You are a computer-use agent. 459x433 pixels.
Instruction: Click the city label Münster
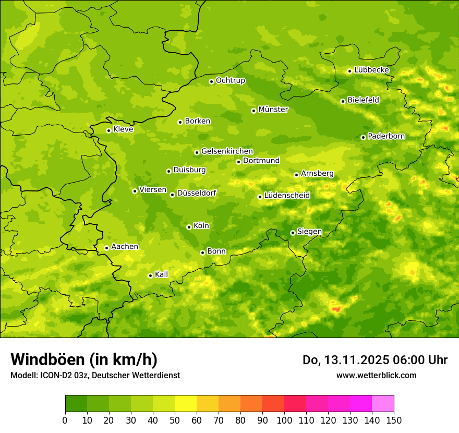click(x=273, y=110)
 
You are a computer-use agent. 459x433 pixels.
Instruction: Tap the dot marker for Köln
click(x=189, y=227)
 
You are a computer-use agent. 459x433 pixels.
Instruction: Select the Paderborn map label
click(x=386, y=136)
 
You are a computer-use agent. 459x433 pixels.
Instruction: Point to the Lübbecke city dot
click(x=349, y=71)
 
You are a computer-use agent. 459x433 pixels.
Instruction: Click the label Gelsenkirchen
click(x=227, y=151)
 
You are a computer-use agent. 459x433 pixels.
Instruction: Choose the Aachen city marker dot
click(x=106, y=248)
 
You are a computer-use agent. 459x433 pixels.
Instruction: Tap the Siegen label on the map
click(x=309, y=232)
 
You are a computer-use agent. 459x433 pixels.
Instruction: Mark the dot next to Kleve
click(x=108, y=130)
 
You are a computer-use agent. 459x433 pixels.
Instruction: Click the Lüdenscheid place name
click(x=287, y=196)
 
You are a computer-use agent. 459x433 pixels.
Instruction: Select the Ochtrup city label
click(x=231, y=80)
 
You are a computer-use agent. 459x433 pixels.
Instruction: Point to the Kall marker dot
click(x=150, y=275)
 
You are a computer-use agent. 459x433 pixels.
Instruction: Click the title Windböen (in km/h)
click(x=84, y=359)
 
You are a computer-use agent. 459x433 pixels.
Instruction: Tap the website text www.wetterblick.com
click(x=376, y=375)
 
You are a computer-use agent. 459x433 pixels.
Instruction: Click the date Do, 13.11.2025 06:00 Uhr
click(x=375, y=360)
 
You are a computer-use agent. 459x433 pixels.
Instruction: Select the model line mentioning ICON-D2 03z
click(x=95, y=375)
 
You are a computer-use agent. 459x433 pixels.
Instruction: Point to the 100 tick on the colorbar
click(x=284, y=420)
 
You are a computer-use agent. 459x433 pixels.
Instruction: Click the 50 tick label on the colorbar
click(x=175, y=420)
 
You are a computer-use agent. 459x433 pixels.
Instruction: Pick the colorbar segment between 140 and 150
click(x=383, y=404)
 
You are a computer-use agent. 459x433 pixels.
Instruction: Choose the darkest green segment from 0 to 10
click(x=76, y=404)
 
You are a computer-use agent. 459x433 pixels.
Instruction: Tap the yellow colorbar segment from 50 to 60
click(x=186, y=404)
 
